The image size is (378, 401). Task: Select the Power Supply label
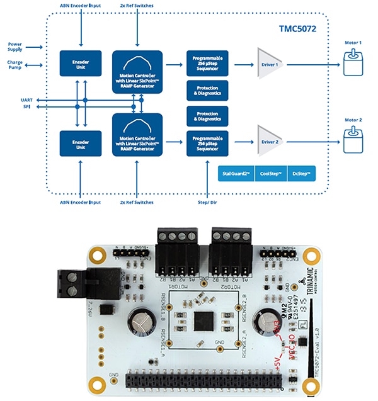[16, 48]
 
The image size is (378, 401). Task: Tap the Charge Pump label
[16, 65]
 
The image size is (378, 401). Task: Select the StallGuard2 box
[232, 174]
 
